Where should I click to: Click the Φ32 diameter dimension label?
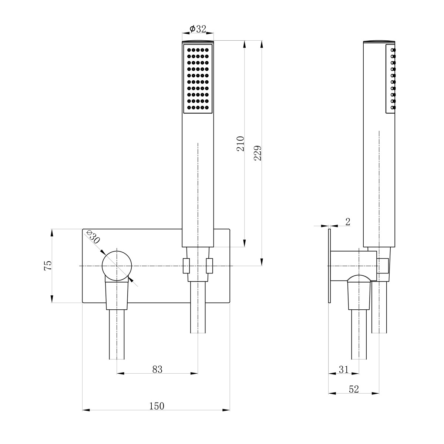point(198,29)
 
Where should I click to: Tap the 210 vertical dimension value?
point(240,144)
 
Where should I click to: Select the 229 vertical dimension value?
point(258,153)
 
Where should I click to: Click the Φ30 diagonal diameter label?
point(93,237)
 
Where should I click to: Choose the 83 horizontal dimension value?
point(157,369)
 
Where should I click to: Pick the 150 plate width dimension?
point(157,406)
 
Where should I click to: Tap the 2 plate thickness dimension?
point(348,222)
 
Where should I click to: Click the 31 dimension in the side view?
point(344,370)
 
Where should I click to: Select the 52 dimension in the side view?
point(354,389)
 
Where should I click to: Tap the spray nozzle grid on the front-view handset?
point(198,79)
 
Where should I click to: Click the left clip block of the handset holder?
point(186,266)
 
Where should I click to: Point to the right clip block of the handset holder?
point(209,266)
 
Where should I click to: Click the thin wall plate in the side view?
point(330,266)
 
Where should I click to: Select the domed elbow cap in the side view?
point(359,278)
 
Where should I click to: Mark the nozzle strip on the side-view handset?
point(391,79)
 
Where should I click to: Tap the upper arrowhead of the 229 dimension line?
point(262,44)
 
